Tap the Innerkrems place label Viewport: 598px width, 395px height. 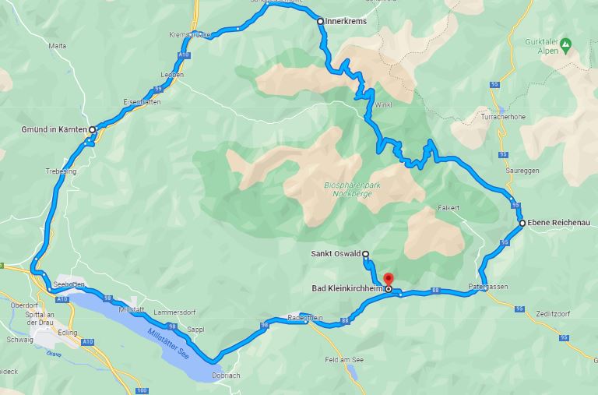(x=344, y=21)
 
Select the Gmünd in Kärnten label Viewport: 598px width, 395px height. (x=54, y=129)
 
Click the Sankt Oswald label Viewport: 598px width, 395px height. (x=336, y=253)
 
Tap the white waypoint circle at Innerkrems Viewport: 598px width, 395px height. (x=320, y=21)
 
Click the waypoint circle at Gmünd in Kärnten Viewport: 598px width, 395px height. (x=91, y=129)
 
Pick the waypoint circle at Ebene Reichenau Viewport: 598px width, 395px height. (x=522, y=224)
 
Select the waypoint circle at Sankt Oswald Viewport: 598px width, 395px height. (x=365, y=253)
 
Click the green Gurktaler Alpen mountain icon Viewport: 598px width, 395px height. (x=565, y=43)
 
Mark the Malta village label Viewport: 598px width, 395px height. (x=58, y=46)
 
